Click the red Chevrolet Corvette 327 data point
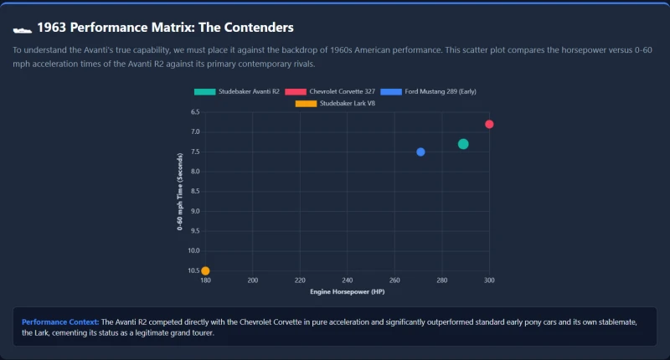(x=489, y=124)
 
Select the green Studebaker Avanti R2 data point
(x=463, y=144)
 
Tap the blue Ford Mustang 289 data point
(x=420, y=152)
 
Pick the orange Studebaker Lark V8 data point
(x=205, y=270)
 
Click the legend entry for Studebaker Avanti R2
(x=237, y=91)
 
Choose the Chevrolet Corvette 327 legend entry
(x=330, y=91)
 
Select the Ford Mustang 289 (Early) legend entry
(x=428, y=91)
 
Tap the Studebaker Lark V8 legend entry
(x=335, y=103)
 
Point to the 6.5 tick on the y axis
(x=195, y=112)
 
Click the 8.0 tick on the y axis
(x=195, y=172)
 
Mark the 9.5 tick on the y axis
(x=195, y=230)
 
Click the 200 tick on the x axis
(x=253, y=280)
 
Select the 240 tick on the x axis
(x=347, y=280)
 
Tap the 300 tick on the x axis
(x=489, y=280)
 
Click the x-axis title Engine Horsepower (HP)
(x=348, y=291)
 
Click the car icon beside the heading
(x=23, y=30)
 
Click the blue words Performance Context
(x=60, y=322)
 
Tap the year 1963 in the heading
(x=52, y=28)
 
